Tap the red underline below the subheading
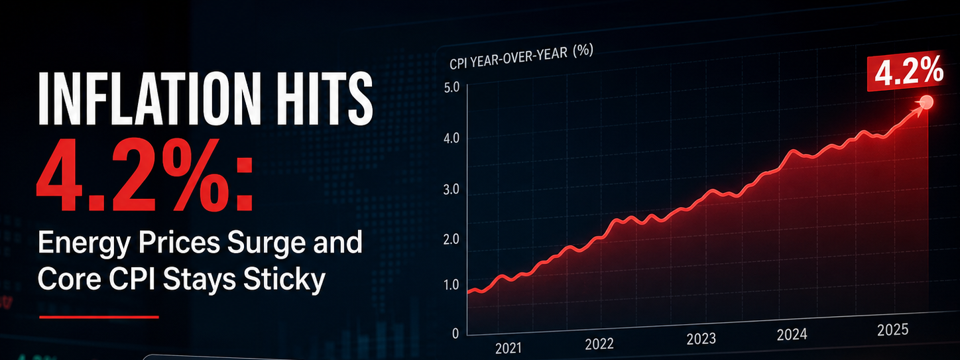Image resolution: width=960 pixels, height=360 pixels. coord(99,317)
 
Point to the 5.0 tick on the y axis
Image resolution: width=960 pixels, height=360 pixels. coord(451,88)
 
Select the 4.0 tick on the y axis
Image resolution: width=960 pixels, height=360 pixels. coord(451,138)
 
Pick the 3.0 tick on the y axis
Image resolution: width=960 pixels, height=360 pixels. coord(451,190)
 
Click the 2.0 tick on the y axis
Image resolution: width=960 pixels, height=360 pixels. coord(451,239)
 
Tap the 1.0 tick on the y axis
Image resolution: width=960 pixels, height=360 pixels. coord(451,284)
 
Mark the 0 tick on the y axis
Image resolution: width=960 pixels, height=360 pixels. coord(455,333)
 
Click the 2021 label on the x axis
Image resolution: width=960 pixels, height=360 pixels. coord(509,348)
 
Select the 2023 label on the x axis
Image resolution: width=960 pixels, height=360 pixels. coord(701,339)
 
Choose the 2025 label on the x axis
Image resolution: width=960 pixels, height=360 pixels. coord(893,330)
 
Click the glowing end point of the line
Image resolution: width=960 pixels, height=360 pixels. coord(927,102)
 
